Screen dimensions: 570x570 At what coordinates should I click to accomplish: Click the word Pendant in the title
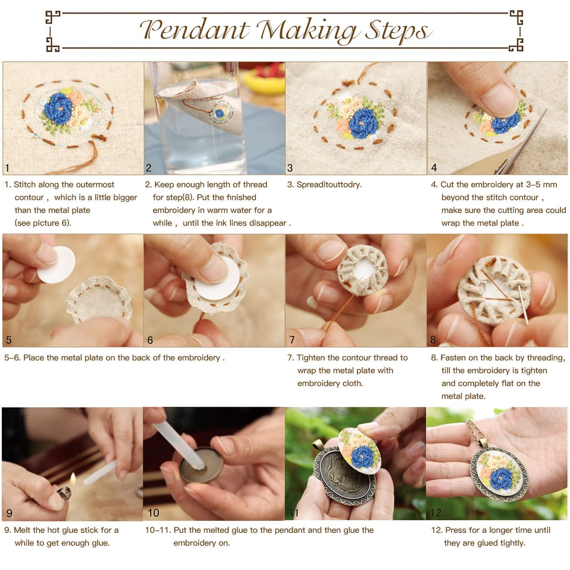[x=195, y=30]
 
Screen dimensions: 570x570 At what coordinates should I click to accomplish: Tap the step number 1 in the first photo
[x=7, y=168]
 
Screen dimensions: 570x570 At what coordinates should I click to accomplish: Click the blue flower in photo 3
[x=363, y=123]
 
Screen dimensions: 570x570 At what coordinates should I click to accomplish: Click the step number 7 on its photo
[x=292, y=340]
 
